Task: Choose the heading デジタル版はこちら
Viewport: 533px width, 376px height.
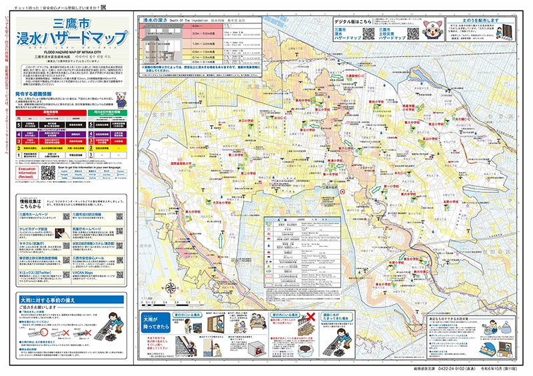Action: [x=354, y=21]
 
